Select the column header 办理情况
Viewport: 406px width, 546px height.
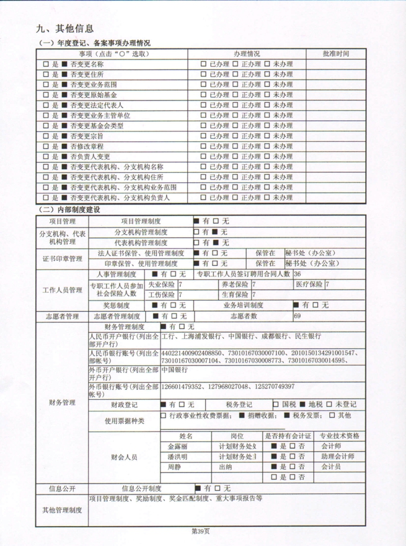pyautogui.click(x=247, y=55)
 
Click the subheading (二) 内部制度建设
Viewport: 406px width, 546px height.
pyautogui.click(x=69, y=209)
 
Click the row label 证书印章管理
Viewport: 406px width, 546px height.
pyautogui.click(x=62, y=258)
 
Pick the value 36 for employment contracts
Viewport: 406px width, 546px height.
pyautogui.click(x=298, y=274)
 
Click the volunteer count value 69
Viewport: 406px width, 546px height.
pyautogui.click(x=298, y=317)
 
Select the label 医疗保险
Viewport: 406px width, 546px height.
pyautogui.click(x=309, y=284)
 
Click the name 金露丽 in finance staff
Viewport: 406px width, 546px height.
pyautogui.click(x=177, y=446)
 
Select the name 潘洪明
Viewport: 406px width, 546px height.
pyautogui.click(x=177, y=457)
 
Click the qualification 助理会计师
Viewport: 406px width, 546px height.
pyautogui.click(x=338, y=457)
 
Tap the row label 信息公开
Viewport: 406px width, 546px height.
pyautogui.click(x=62, y=488)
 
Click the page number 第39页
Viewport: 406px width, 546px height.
pyautogui.click(x=201, y=531)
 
